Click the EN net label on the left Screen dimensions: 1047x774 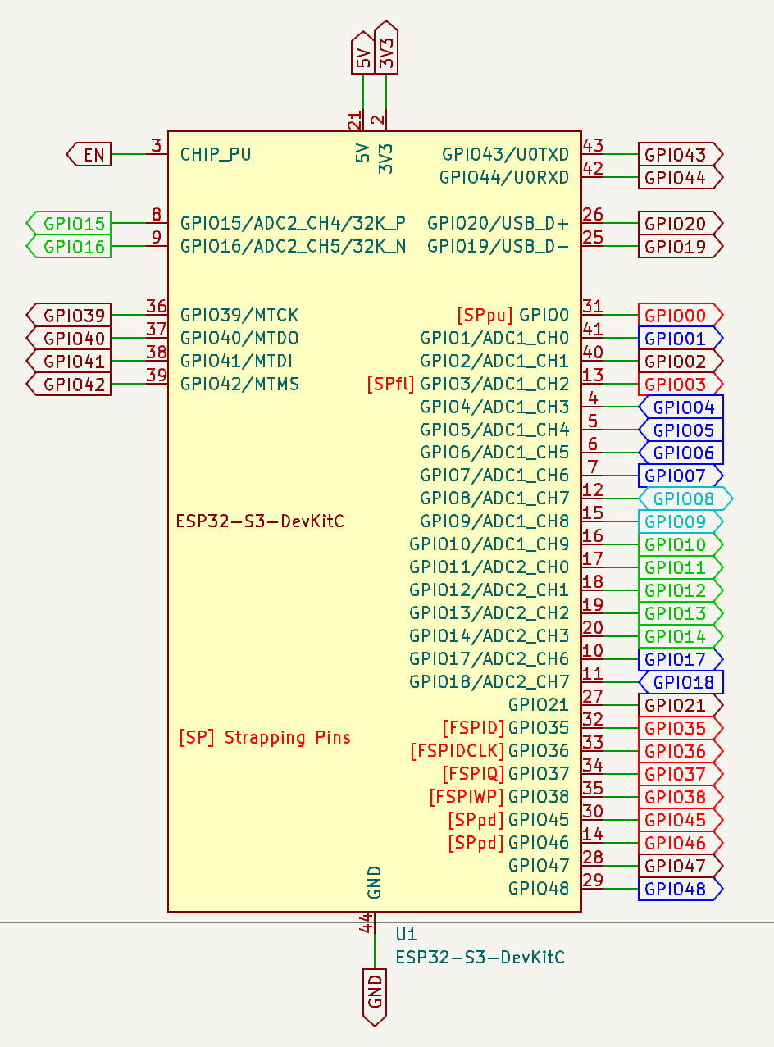pos(90,154)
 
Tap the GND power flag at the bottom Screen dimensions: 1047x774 pos(375,993)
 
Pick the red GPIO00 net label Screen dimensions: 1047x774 pos(679,315)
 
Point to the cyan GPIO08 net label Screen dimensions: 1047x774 pos(683,498)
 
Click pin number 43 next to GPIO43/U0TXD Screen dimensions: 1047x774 pos(593,146)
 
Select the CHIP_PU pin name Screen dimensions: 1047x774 pos(216,154)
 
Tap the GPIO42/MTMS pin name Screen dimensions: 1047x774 pos(239,384)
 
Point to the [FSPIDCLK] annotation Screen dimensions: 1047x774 pos(457,751)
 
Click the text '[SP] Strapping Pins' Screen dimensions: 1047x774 pos(264,737)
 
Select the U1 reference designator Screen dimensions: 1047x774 pos(406,934)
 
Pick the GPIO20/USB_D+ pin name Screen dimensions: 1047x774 pos(498,223)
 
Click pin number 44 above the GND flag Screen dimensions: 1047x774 pos(367,922)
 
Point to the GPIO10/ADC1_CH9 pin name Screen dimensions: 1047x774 pos(489,544)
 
